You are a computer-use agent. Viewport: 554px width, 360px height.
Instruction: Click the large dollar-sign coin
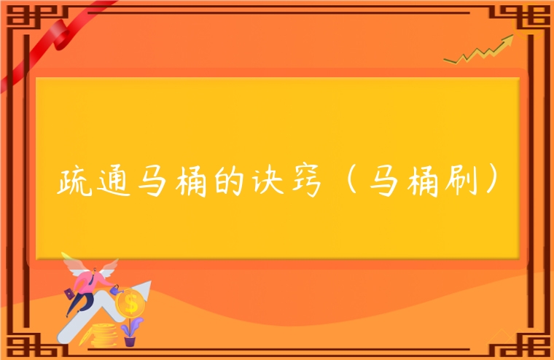(x=130, y=302)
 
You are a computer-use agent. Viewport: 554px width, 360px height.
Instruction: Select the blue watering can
(x=116, y=289)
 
